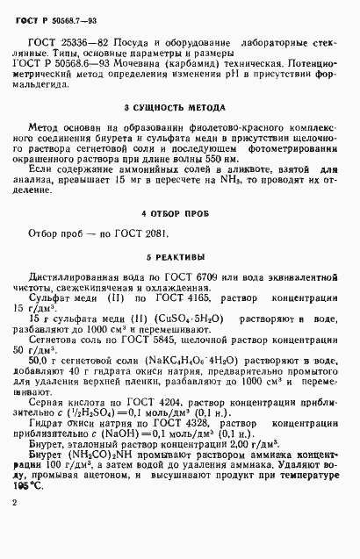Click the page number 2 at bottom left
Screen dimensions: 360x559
click(15, 527)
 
